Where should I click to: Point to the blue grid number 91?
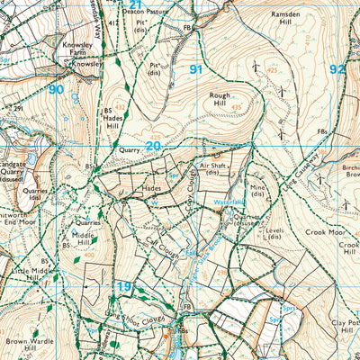(x=196, y=68)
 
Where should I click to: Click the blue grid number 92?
(x=337, y=68)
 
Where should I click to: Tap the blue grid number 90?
(x=56, y=89)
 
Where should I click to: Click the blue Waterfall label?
(x=229, y=202)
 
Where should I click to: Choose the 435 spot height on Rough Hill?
(x=237, y=107)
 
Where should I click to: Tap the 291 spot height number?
(x=17, y=109)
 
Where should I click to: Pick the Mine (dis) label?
(x=258, y=191)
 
